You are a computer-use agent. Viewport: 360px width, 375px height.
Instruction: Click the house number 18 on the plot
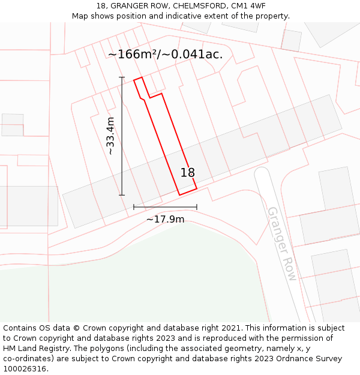[188, 173]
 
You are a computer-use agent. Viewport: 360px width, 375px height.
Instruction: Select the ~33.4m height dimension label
[110, 136]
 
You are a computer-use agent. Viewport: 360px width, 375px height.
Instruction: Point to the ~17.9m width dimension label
[165, 220]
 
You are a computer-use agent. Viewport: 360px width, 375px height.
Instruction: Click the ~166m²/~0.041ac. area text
[165, 54]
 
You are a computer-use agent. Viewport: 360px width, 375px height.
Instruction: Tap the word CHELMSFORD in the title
[198, 6]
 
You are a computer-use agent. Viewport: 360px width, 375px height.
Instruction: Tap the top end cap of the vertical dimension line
[122, 77]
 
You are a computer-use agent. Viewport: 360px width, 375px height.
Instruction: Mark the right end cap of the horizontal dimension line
[197, 207]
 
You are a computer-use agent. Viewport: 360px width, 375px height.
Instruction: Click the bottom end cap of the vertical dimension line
[122, 195]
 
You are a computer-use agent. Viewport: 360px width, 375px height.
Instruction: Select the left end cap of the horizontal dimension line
[134, 207]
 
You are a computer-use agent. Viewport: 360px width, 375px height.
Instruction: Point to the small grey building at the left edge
[12, 125]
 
